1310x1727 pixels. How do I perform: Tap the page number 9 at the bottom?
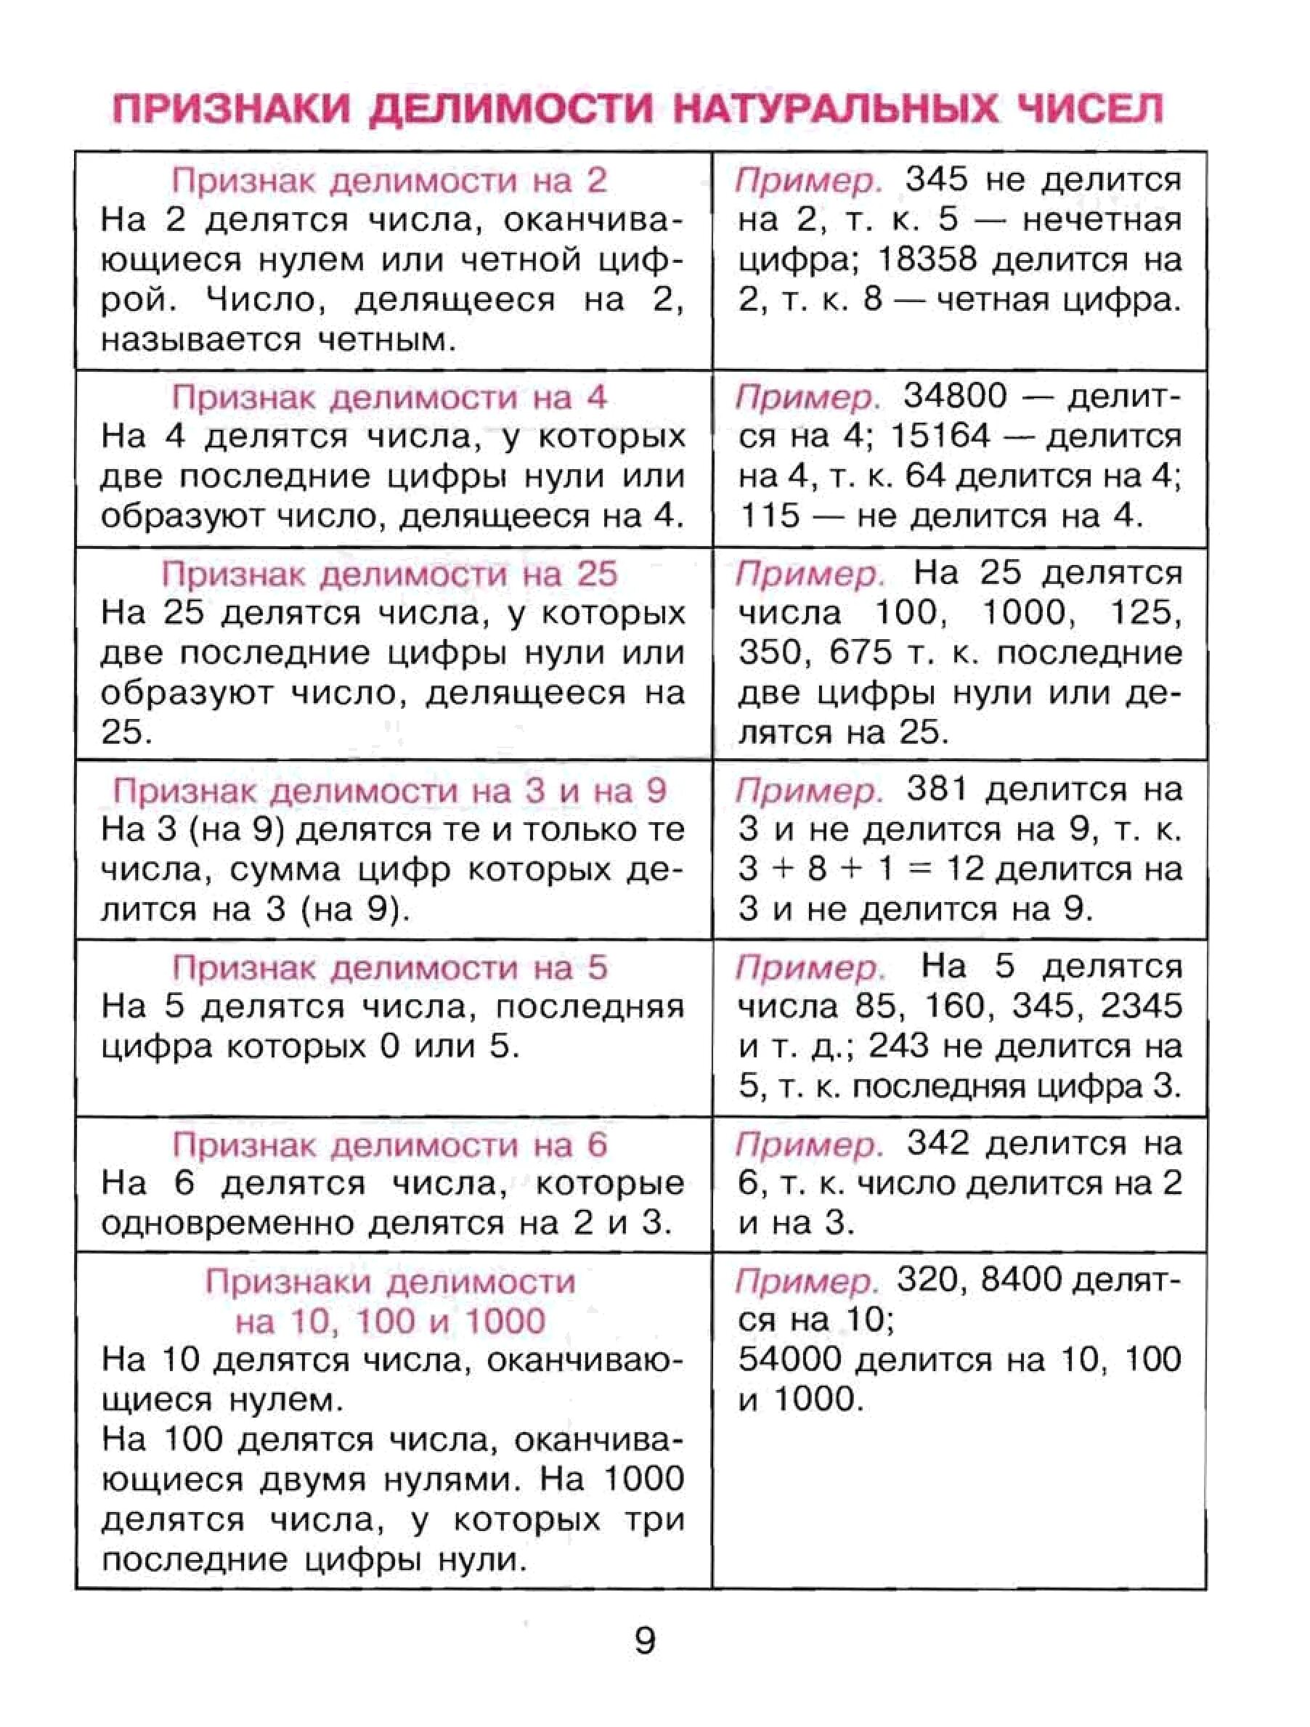[x=645, y=1641]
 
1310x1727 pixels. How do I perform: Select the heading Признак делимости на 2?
[x=388, y=180]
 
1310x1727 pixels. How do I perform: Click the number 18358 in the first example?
[x=927, y=260]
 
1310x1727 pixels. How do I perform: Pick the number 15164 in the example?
[x=939, y=436]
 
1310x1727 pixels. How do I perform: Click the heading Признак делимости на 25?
[x=388, y=574]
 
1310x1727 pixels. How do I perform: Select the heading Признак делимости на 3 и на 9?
[x=388, y=791]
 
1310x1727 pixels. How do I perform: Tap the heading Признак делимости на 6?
[x=388, y=1145]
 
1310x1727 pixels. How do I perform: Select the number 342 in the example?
[x=937, y=1144]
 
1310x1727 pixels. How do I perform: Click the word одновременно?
[x=227, y=1224]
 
